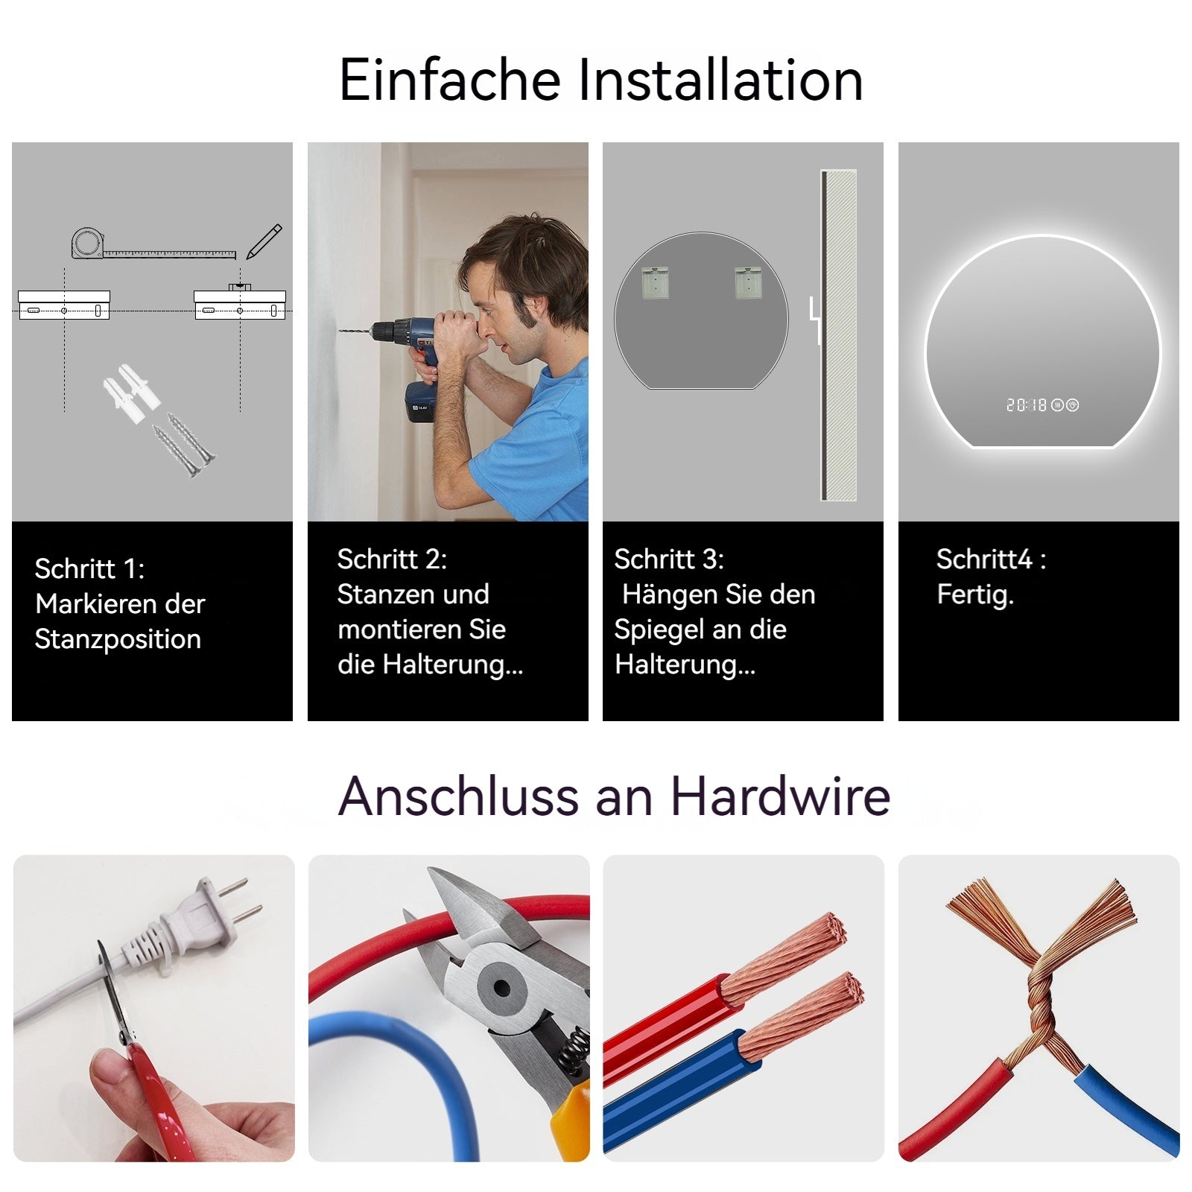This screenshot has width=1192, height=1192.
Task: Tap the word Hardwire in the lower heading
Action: pyautogui.click(x=780, y=796)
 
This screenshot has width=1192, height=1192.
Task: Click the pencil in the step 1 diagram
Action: pyautogui.click(x=264, y=241)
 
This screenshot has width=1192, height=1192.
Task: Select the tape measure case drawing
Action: pyautogui.click(x=88, y=244)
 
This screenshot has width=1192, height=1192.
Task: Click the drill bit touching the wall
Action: pyautogui.click(x=355, y=331)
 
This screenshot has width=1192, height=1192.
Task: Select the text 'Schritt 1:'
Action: pyautogui.click(x=89, y=569)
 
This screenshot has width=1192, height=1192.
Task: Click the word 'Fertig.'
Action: pyautogui.click(x=975, y=595)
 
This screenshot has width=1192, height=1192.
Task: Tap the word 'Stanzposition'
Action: pyautogui.click(x=118, y=639)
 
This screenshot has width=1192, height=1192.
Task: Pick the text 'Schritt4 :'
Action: pyautogui.click(x=991, y=559)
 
